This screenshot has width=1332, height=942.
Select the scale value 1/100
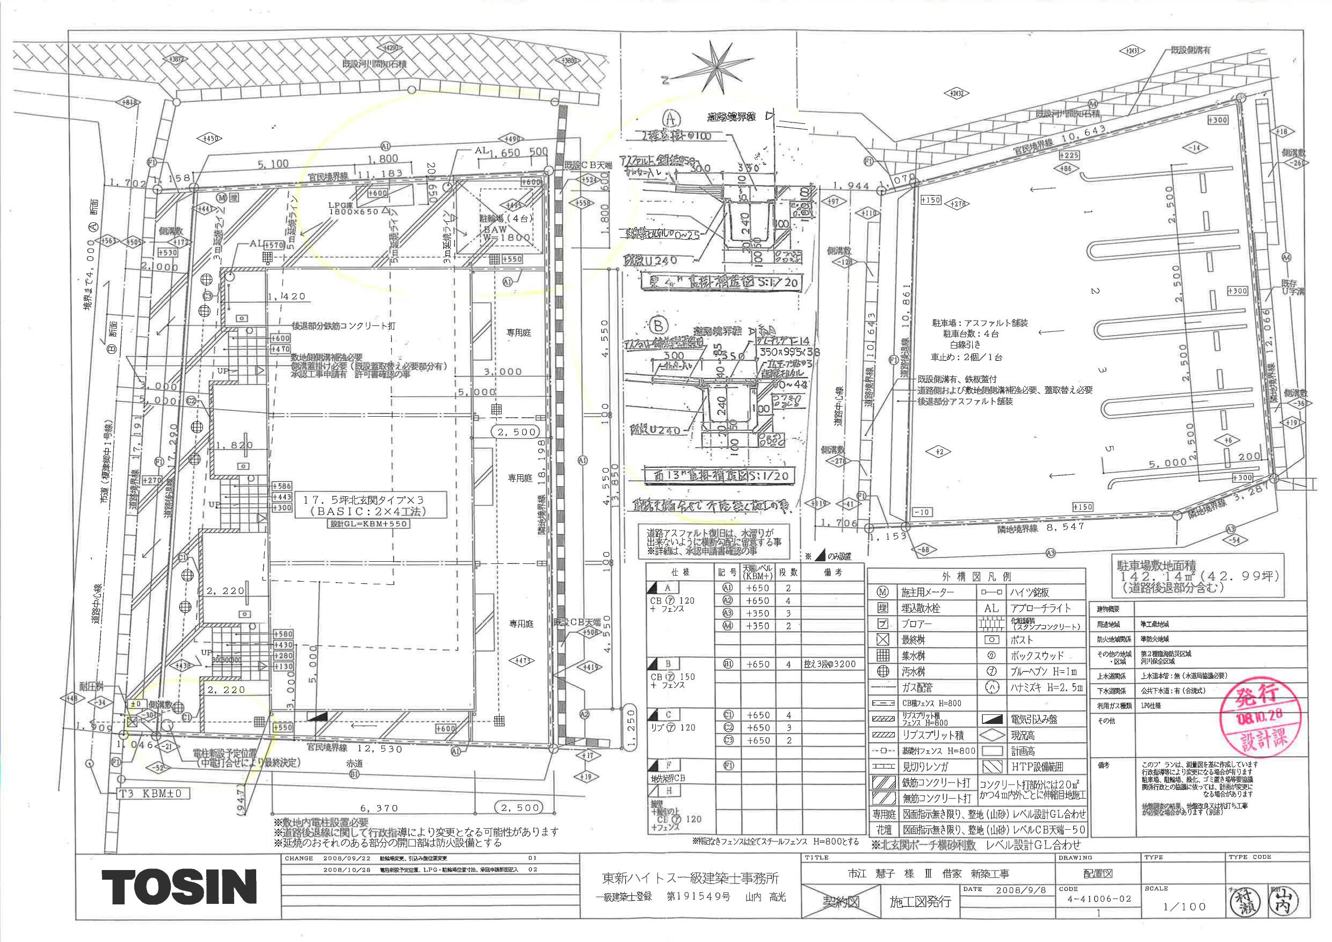coord(1184,907)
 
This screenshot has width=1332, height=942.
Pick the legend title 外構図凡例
coord(976,576)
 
